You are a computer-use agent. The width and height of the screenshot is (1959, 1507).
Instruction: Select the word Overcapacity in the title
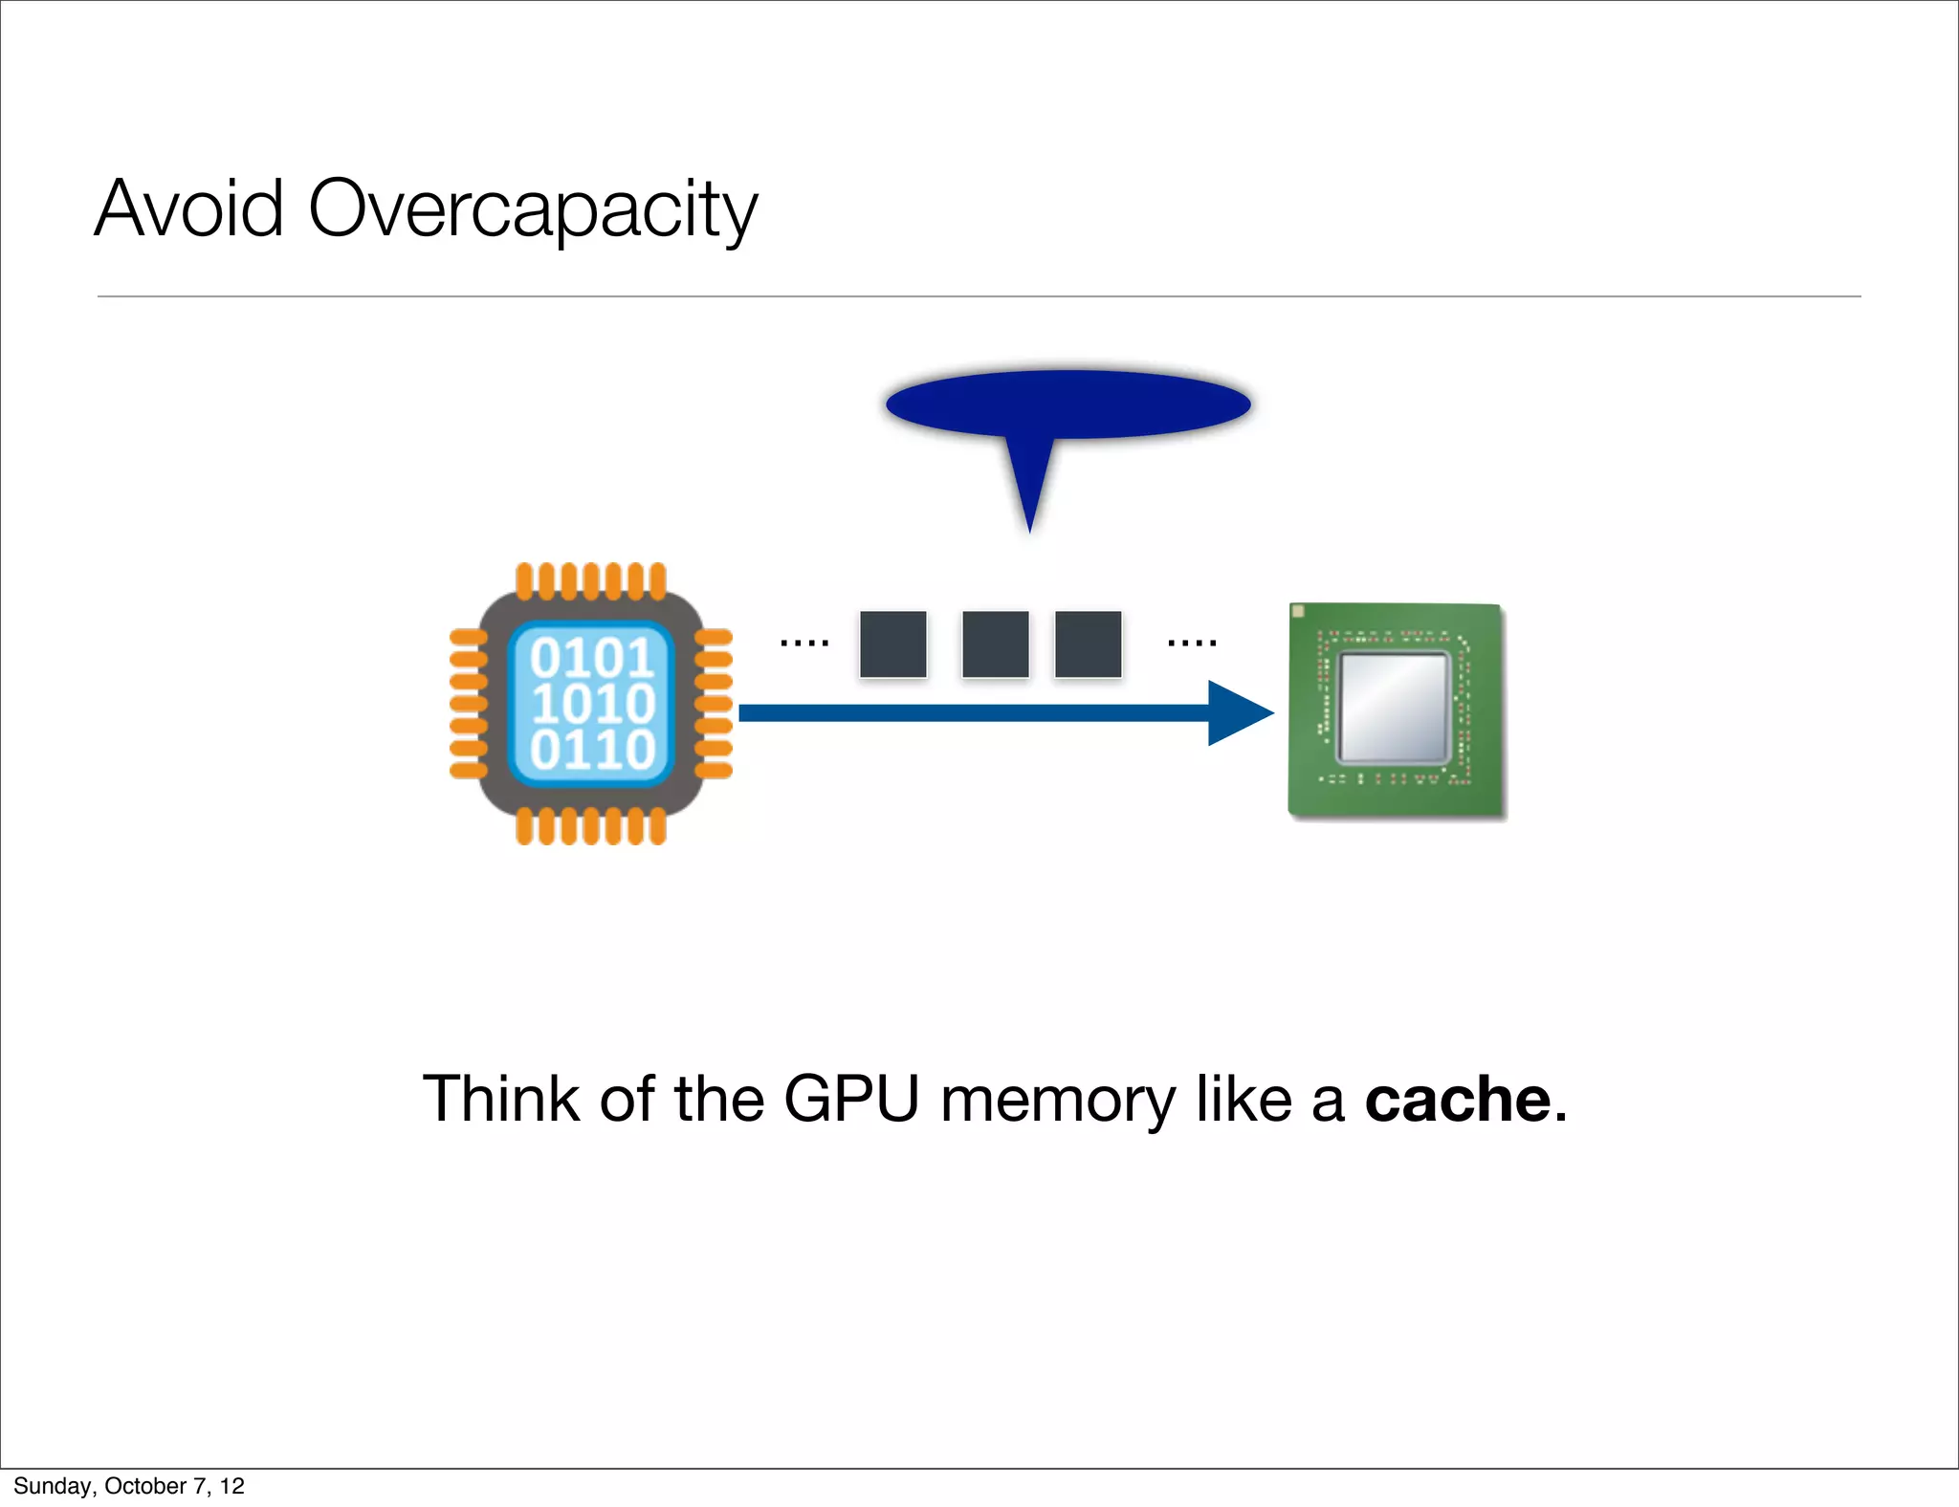point(533,210)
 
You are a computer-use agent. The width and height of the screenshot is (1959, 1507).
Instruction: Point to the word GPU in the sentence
point(850,1100)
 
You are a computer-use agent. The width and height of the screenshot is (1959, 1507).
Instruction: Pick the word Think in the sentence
point(500,1099)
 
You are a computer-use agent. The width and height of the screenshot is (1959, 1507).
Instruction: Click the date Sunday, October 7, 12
point(129,1486)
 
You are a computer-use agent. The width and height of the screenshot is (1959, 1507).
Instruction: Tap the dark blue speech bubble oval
point(1068,404)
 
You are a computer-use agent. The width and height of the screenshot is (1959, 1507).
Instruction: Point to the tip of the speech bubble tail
point(1029,529)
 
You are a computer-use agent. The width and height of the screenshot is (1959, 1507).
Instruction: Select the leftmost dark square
point(893,644)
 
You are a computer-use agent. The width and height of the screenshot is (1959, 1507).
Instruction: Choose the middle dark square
point(996,644)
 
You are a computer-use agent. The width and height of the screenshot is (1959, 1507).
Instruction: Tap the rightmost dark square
point(1088,644)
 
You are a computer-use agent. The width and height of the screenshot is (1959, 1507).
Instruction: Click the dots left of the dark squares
point(804,644)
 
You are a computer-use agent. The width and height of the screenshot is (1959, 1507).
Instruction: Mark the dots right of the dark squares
point(1192,644)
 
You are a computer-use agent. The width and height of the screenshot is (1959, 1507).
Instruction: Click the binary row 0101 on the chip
point(592,658)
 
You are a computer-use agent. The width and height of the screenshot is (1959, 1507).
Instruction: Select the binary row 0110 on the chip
point(592,750)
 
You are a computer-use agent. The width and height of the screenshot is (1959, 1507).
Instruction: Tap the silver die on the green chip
point(1395,708)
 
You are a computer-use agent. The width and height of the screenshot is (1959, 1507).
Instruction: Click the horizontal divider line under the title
point(979,296)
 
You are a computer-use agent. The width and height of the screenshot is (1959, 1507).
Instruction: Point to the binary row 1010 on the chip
point(592,704)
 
